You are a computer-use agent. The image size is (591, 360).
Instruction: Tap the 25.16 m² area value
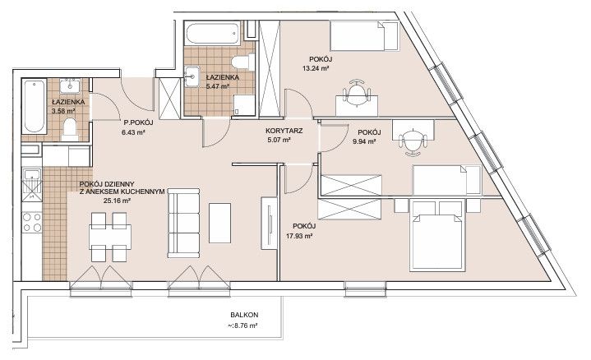[x=117, y=201]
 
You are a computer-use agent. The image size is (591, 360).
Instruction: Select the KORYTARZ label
[x=284, y=132]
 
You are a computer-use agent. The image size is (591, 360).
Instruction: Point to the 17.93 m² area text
[x=300, y=237]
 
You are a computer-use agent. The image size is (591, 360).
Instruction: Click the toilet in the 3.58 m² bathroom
[x=69, y=129]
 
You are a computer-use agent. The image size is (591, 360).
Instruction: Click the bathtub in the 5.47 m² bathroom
[x=214, y=34]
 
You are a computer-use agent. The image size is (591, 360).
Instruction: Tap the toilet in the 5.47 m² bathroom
[x=243, y=62]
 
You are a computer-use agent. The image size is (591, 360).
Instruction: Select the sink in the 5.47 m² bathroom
[x=192, y=76]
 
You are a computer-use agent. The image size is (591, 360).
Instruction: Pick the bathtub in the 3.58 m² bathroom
[x=35, y=106]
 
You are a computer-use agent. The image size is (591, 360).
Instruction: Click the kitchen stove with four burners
[x=32, y=222]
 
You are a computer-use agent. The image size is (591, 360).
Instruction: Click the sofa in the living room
[x=183, y=223]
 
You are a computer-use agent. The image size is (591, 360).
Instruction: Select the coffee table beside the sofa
[x=219, y=223]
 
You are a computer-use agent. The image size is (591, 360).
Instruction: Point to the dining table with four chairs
[x=110, y=237]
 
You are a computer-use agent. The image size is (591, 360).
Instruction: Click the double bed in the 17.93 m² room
[x=436, y=236]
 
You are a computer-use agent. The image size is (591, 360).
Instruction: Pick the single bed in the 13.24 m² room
[x=364, y=36]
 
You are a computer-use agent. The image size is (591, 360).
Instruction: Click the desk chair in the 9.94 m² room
[x=413, y=142]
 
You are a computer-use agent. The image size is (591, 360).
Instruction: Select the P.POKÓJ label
[x=138, y=122]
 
